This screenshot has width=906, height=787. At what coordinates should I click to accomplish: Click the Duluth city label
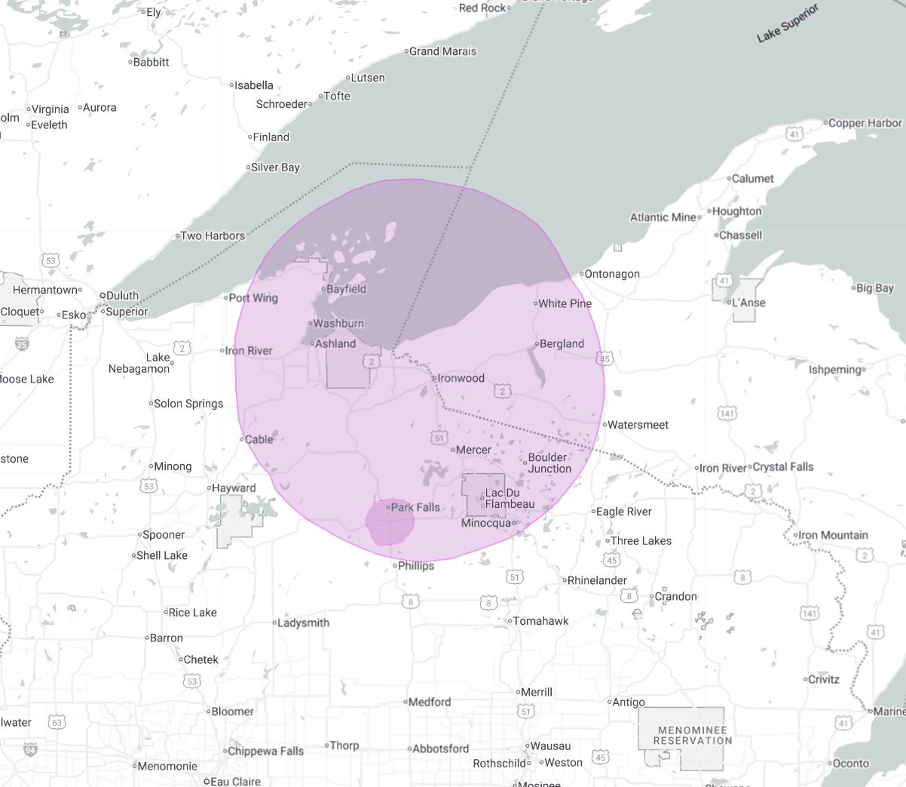tap(122, 296)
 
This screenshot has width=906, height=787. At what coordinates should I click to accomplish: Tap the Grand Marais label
tap(442, 51)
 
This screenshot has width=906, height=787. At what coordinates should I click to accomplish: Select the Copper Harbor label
tap(865, 123)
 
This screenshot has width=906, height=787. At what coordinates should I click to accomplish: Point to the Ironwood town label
tap(461, 378)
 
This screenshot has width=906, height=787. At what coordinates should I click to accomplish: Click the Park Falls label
tap(415, 507)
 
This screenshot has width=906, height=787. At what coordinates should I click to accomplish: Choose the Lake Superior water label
tap(788, 23)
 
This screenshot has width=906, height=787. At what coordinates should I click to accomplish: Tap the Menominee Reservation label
tap(692, 736)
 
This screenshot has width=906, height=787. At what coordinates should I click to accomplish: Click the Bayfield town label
tap(346, 289)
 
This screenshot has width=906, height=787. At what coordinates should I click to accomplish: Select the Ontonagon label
tap(612, 274)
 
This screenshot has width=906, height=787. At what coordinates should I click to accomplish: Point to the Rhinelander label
tap(596, 580)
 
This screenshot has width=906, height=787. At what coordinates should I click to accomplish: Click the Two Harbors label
tap(213, 235)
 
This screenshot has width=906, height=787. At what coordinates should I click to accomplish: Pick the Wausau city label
tap(550, 745)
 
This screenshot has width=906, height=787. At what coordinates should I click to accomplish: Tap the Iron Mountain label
tap(833, 535)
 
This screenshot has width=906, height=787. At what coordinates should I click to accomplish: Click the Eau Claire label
tap(235, 782)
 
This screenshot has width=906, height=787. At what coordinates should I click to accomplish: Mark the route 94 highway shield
tap(30, 749)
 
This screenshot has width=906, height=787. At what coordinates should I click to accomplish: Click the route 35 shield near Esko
tap(22, 345)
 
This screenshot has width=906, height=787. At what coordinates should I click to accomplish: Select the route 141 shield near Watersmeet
tap(727, 413)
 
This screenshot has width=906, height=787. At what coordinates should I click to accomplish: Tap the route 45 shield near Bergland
tap(605, 359)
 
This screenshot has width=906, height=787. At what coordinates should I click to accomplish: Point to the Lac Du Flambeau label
tap(510, 499)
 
